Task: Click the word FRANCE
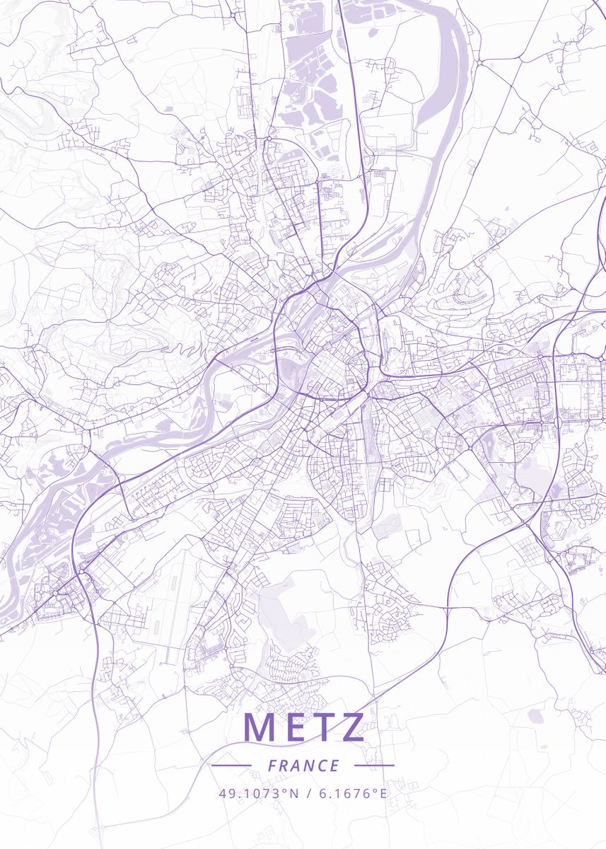pyautogui.click(x=303, y=766)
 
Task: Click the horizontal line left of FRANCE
pyautogui.click(x=231, y=765)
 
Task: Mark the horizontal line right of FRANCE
pyautogui.click(x=374, y=765)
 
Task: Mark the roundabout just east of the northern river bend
pyautogui.click(x=479, y=62)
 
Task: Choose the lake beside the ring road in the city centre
pyautogui.click(x=291, y=368)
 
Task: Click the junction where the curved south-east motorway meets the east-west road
pyautogui.click(x=447, y=606)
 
